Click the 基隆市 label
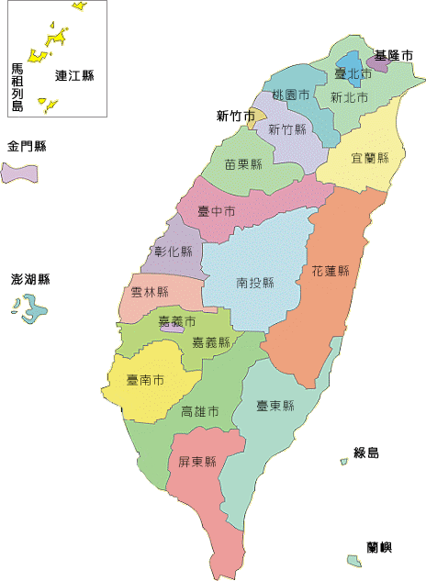[x=394, y=56]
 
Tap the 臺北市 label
[x=353, y=73]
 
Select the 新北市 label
[x=349, y=96]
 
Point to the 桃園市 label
[x=290, y=95]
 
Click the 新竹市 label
[x=235, y=116]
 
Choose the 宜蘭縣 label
[x=370, y=158]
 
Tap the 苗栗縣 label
[x=243, y=164]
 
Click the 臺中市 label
[x=217, y=211]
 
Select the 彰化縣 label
[x=174, y=251]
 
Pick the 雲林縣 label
[x=150, y=292]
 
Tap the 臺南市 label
[x=145, y=378]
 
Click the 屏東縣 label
[x=196, y=462]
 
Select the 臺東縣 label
[x=275, y=405]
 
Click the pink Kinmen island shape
[x=18, y=173]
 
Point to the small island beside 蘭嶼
[x=353, y=560]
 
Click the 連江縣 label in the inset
[x=74, y=75]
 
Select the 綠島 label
[x=366, y=453]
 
